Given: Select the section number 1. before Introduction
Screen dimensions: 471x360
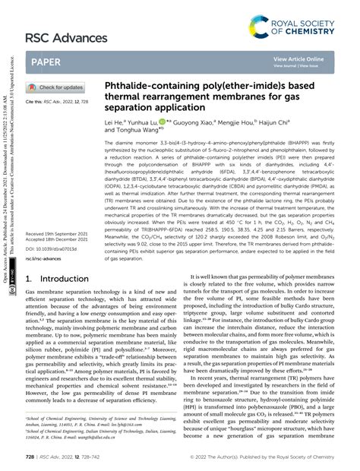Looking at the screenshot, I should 30,258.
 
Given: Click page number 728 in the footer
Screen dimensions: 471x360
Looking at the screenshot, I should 31,458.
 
